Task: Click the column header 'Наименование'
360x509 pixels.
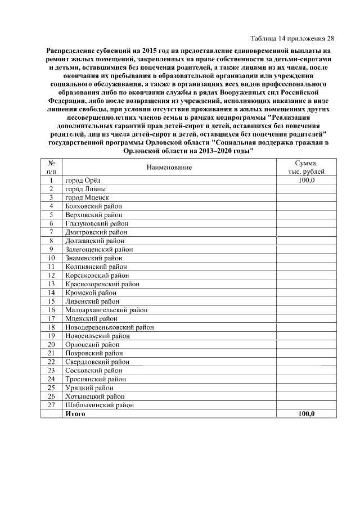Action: tap(169, 167)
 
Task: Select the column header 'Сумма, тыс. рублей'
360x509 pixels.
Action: tap(306, 167)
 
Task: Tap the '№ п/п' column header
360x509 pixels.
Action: tap(51, 167)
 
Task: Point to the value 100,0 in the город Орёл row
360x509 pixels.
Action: tap(307, 181)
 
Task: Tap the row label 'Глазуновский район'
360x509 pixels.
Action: tap(97, 224)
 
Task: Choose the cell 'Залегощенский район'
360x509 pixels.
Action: tap(99, 249)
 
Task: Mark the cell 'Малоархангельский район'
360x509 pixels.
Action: tap(106, 310)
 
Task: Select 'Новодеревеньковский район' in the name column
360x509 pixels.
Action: tap(110, 327)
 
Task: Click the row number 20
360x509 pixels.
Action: tap(51, 344)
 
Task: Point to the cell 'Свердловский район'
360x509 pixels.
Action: tap(97, 362)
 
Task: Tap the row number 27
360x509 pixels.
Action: tap(51, 404)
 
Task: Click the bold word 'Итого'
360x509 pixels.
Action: tap(75, 413)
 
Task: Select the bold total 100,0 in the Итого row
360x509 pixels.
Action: tap(307, 413)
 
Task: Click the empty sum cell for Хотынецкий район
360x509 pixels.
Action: tap(306, 396)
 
